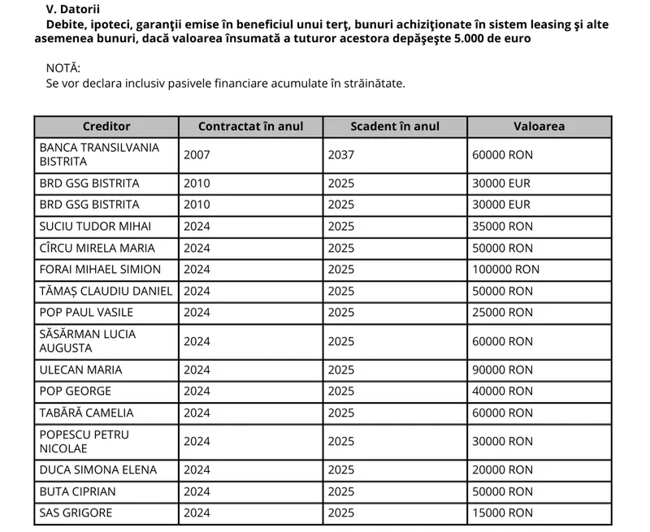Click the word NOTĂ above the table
click(63, 67)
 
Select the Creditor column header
click(106, 127)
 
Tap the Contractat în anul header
click(251, 127)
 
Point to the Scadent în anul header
click(395, 127)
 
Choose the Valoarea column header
click(539, 127)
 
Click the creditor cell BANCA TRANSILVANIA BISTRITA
click(99, 154)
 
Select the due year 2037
click(341, 154)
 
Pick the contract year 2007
click(197, 154)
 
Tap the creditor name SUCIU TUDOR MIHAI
click(95, 226)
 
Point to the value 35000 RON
click(502, 226)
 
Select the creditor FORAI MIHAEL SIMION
click(100, 269)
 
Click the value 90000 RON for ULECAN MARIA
click(502, 370)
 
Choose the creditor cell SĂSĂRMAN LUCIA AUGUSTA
click(88, 341)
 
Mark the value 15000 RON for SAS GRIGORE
click(502, 513)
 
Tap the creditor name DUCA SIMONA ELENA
click(97, 469)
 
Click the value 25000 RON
click(502, 312)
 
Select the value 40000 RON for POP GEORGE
click(502, 391)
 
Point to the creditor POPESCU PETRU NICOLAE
click(84, 441)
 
